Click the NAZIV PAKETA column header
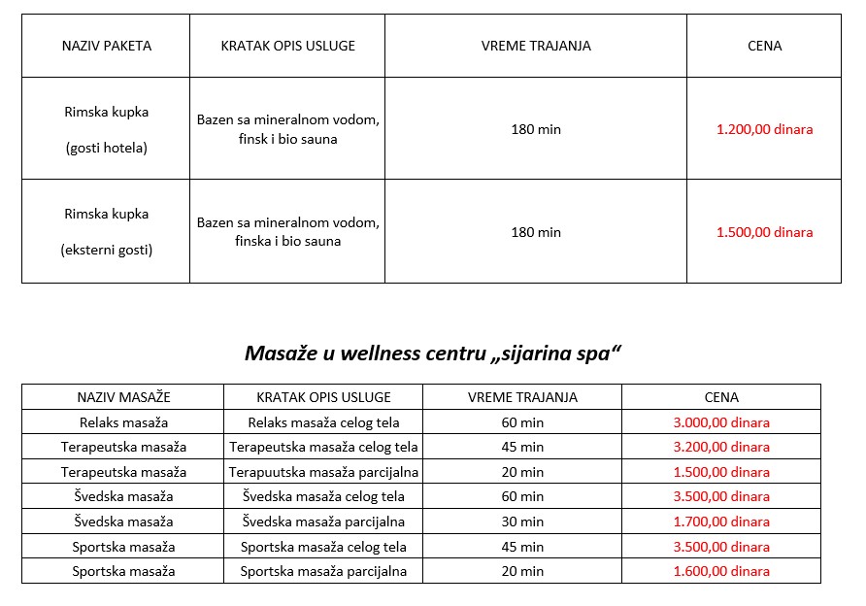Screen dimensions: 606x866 (x=106, y=46)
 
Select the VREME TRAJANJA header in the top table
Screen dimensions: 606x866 (x=536, y=46)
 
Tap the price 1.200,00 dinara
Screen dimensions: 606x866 (x=764, y=129)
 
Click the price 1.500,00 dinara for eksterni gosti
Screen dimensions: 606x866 (x=764, y=232)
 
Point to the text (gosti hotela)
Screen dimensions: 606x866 (x=106, y=148)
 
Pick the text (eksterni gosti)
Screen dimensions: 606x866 (x=106, y=250)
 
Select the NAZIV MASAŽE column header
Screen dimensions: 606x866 (x=123, y=397)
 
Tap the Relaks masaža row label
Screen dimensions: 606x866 (x=123, y=422)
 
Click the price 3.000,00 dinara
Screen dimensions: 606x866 (x=721, y=422)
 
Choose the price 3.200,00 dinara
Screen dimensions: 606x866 (x=721, y=447)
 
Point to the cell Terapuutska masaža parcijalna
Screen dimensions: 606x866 (x=324, y=472)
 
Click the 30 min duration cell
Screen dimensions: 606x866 (x=522, y=522)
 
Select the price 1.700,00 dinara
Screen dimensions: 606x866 (x=721, y=522)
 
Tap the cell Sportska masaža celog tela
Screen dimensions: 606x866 (x=324, y=547)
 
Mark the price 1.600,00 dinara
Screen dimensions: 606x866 (x=721, y=571)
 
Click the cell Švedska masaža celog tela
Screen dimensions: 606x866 (x=324, y=496)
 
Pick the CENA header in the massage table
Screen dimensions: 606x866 (x=721, y=397)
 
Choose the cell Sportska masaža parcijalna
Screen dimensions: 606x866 (x=324, y=571)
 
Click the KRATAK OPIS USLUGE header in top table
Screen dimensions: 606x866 (x=287, y=46)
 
